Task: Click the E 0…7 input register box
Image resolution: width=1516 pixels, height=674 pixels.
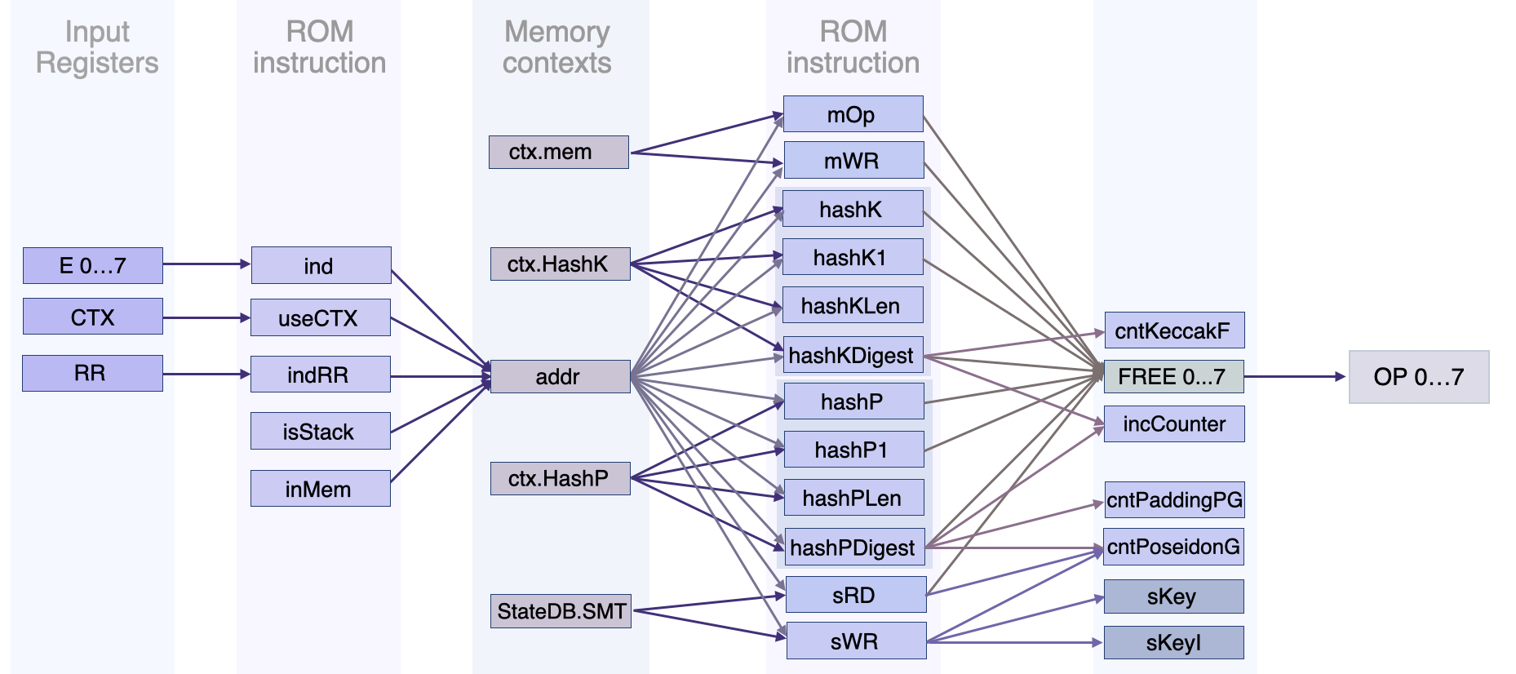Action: pos(92,266)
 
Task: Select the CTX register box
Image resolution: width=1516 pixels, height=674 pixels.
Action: pos(92,317)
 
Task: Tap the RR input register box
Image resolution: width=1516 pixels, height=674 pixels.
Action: pos(92,374)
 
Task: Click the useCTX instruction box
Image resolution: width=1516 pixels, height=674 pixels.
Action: pos(320,318)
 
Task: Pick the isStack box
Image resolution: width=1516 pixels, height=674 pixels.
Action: pos(320,432)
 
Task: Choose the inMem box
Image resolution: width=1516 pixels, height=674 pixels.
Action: pos(320,489)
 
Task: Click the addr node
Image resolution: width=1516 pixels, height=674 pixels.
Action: pos(560,377)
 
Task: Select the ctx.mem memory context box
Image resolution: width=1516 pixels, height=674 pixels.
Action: pos(558,153)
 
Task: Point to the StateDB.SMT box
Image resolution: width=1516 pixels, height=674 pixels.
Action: pos(561,611)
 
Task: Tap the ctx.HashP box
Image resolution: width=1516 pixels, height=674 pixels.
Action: pos(560,478)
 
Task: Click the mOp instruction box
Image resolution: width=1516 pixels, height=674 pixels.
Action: pos(853,114)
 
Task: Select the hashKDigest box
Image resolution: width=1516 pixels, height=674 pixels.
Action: pos(853,356)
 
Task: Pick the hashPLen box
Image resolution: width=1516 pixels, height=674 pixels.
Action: pos(853,498)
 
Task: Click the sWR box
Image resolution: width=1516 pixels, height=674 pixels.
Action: pos(855,641)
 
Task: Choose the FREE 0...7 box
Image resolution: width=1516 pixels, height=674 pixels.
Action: pos(1173,377)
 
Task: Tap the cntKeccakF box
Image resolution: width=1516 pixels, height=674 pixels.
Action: pos(1173,330)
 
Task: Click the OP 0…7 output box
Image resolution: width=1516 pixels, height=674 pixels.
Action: pos(1418,377)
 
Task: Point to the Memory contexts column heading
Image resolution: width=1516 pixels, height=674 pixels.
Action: pos(557,47)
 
